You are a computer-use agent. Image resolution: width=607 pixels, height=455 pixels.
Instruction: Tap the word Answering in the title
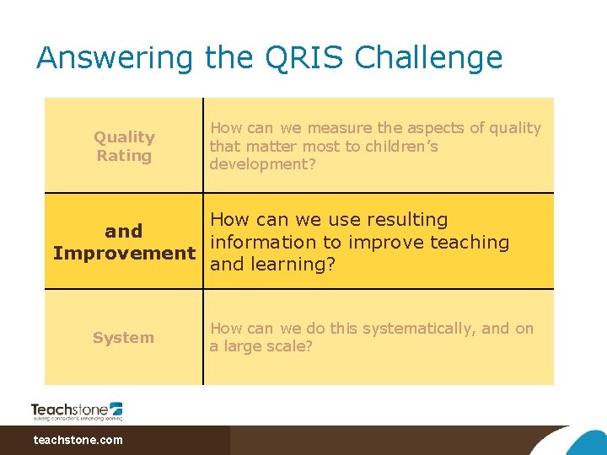pyautogui.click(x=115, y=58)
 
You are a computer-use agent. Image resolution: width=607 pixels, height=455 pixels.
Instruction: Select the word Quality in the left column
pyautogui.click(x=124, y=137)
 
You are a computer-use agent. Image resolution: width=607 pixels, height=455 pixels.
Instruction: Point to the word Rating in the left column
pyautogui.click(x=124, y=156)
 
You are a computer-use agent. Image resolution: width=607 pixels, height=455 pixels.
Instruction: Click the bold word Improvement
pyautogui.click(x=124, y=253)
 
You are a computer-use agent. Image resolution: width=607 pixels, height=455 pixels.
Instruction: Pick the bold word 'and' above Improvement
pyautogui.click(x=124, y=231)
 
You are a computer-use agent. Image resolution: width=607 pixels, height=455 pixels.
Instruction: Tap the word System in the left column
pyautogui.click(x=124, y=338)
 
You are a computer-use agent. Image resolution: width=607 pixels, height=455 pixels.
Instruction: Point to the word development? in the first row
pyautogui.click(x=262, y=164)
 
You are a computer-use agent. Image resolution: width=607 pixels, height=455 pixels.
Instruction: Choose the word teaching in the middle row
pyautogui.click(x=469, y=243)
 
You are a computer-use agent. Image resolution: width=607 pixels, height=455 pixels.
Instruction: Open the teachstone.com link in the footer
pyautogui.click(x=78, y=440)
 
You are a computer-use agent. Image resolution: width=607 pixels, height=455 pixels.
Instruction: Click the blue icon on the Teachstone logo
pyautogui.click(x=115, y=408)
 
